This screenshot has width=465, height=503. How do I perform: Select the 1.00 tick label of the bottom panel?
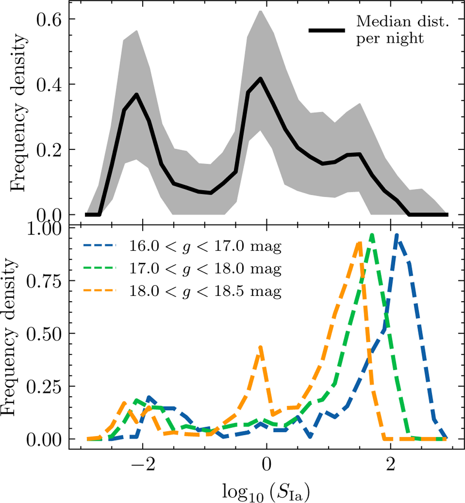43,229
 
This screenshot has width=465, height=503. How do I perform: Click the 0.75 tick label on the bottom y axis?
43,281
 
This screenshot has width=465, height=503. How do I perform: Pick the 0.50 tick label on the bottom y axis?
43,334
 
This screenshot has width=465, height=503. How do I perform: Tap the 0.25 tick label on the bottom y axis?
43,386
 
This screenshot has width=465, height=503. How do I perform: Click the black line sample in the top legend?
326,30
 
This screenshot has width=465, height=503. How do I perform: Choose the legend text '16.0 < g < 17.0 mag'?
205,246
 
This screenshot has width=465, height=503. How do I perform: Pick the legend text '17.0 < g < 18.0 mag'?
205,269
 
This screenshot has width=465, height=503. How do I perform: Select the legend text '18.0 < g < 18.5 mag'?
205,291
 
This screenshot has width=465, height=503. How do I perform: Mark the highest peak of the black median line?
260,78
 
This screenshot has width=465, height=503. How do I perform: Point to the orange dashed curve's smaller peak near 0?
260,347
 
